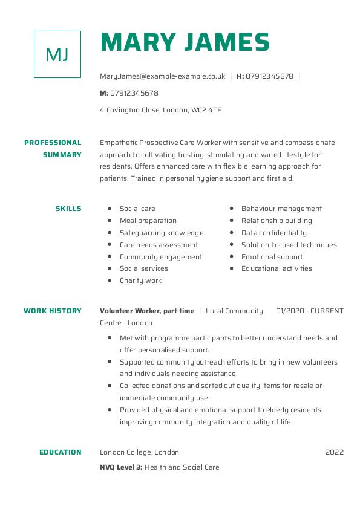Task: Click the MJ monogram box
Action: click(x=57, y=54)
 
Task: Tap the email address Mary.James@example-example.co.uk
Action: click(x=162, y=76)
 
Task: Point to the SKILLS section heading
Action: click(x=68, y=209)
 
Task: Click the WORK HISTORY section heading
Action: click(x=53, y=311)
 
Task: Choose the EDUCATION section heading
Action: click(x=61, y=452)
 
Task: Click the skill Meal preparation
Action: click(x=148, y=221)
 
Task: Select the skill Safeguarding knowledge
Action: click(x=162, y=233)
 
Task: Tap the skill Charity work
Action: click(x=141, y=280)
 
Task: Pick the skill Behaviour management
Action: click(x=281, y=209)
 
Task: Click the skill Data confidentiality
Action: click(x=274, y=233)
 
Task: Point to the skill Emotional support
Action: click(x=272, y=257)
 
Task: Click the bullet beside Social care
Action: click(x=110, y=209)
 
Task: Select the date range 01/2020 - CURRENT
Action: click(x=309, y=311)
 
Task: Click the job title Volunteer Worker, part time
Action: click(x=147, y=311)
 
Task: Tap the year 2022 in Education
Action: click(x=334, y=452)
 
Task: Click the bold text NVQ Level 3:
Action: click(x=121, y=467)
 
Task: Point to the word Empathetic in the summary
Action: click(x=119, y=143)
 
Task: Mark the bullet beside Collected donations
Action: click(x=110, y=386)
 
